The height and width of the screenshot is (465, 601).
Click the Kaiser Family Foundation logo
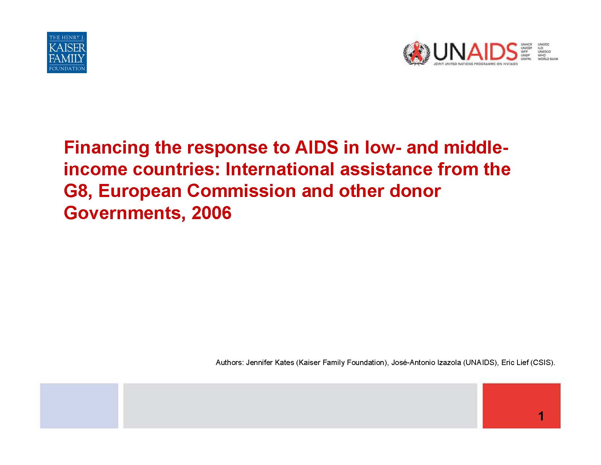pyautogui.click(x=67, y=53)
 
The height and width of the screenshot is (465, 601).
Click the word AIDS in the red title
pyautogui.click(x=316, y=147)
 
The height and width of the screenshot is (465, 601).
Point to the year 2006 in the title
pyautogui.click(x=212, y=213)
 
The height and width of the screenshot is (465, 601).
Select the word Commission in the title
pyautogui.click(x=241, y=191)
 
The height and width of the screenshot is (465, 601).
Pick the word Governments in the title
pyautogui.click(x=122, y=213)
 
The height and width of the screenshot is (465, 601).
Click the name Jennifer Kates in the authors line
pyautogui.click(x=270, y=363)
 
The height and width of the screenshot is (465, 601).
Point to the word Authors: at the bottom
pyautogui.click(x=230, y=363)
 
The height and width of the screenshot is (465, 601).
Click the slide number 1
pyautogui.click(x=541, y=416)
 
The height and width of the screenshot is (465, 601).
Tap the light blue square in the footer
pyautogui.click(x=79, y=406)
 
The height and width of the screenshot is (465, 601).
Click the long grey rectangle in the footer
pyautogui.click(x=300, y=406)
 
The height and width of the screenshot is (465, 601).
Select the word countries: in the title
pyautogui.click(x=176, y=169)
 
